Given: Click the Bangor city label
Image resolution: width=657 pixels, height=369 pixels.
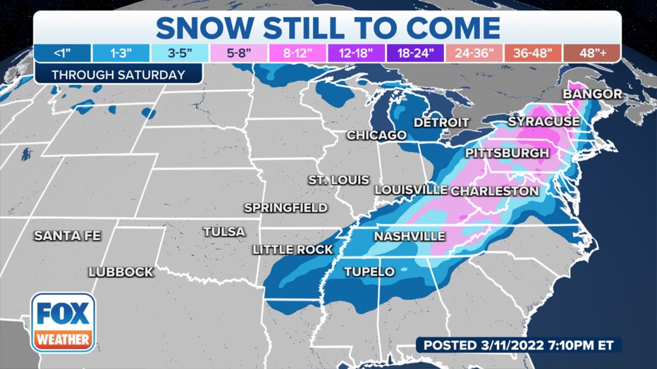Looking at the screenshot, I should (592, 94).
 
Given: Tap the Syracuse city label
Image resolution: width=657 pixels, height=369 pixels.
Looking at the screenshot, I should (544, 122).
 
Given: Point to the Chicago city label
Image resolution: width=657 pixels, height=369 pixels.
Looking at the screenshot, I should (376, 135).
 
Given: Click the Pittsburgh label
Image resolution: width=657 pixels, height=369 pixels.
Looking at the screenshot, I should (506, 153).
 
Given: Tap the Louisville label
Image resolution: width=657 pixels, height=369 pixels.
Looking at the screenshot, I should (411, 190).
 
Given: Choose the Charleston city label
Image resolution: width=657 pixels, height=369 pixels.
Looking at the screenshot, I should (494, 191).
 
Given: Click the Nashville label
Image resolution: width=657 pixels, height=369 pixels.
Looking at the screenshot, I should (410, 236).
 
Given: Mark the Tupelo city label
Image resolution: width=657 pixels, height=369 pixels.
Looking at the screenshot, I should (369, 272).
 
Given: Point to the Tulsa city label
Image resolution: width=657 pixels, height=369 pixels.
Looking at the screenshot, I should (223, 232).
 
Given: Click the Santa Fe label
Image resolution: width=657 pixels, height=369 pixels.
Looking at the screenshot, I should (67, 235).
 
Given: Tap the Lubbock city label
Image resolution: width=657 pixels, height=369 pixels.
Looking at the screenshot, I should (121, 272).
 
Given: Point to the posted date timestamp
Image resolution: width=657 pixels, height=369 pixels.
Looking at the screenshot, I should (518, 345).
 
